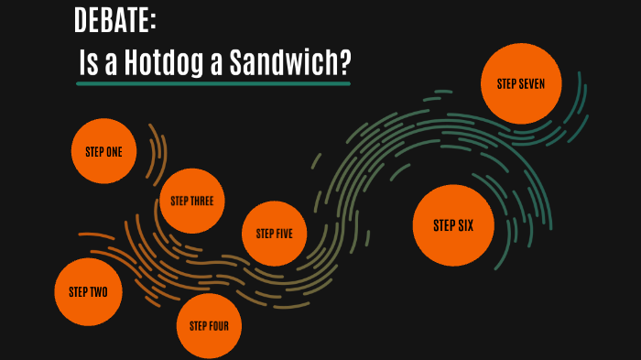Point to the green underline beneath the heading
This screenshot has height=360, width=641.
(212, 83)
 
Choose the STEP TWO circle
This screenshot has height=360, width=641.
(88, 292)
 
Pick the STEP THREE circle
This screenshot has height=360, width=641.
(191, 201)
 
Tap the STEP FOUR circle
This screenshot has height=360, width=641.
(209, 325)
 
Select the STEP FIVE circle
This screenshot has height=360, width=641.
(274, 233)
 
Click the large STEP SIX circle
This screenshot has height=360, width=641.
(453, 224)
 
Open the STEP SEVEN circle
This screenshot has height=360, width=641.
(520, 83)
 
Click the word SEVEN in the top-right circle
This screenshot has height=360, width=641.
(532, 83)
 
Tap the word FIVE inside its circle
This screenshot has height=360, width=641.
(285, 233)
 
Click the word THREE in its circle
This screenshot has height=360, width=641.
(202, 201)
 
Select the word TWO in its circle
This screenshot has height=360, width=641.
(99, 292)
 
